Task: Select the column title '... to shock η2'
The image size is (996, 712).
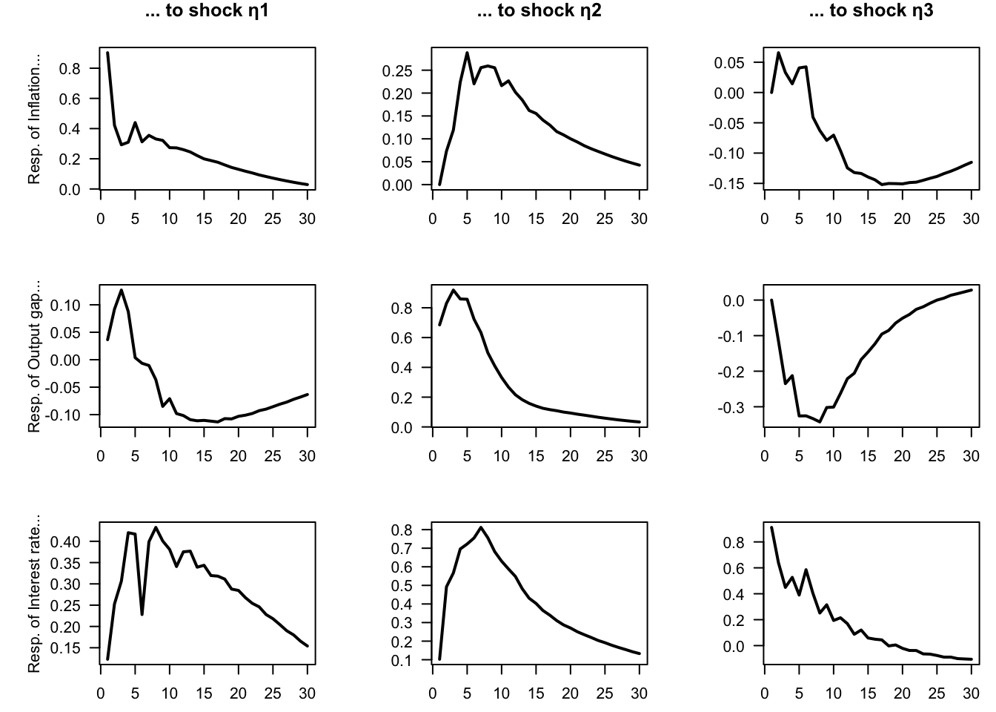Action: click(537, 11)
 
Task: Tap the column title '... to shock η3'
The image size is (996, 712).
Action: click(870, 11)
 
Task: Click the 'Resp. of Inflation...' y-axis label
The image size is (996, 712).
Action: click(34, 119)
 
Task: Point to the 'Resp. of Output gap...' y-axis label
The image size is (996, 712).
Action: click(34, 356)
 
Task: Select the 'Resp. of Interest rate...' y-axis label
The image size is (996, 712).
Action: click(34, 593)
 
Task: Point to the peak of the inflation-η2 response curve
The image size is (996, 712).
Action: click(467, 53)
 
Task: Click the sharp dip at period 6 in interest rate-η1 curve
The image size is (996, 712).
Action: click(142, 614)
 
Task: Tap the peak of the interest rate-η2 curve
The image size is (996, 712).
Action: click(481, 527)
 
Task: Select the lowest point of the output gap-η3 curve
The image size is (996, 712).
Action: click(820, 422)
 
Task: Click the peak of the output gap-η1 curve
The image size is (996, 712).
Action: click(121, 290)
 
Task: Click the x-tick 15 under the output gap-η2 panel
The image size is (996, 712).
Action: click(536, 456)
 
